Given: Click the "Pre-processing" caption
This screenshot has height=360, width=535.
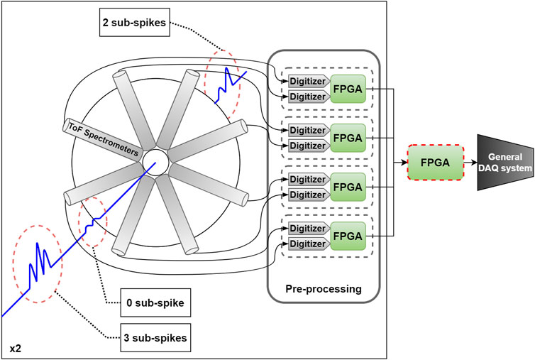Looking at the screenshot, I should (x=324, y=289).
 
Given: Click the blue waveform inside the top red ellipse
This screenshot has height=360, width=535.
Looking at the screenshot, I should (x=233, y=80).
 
